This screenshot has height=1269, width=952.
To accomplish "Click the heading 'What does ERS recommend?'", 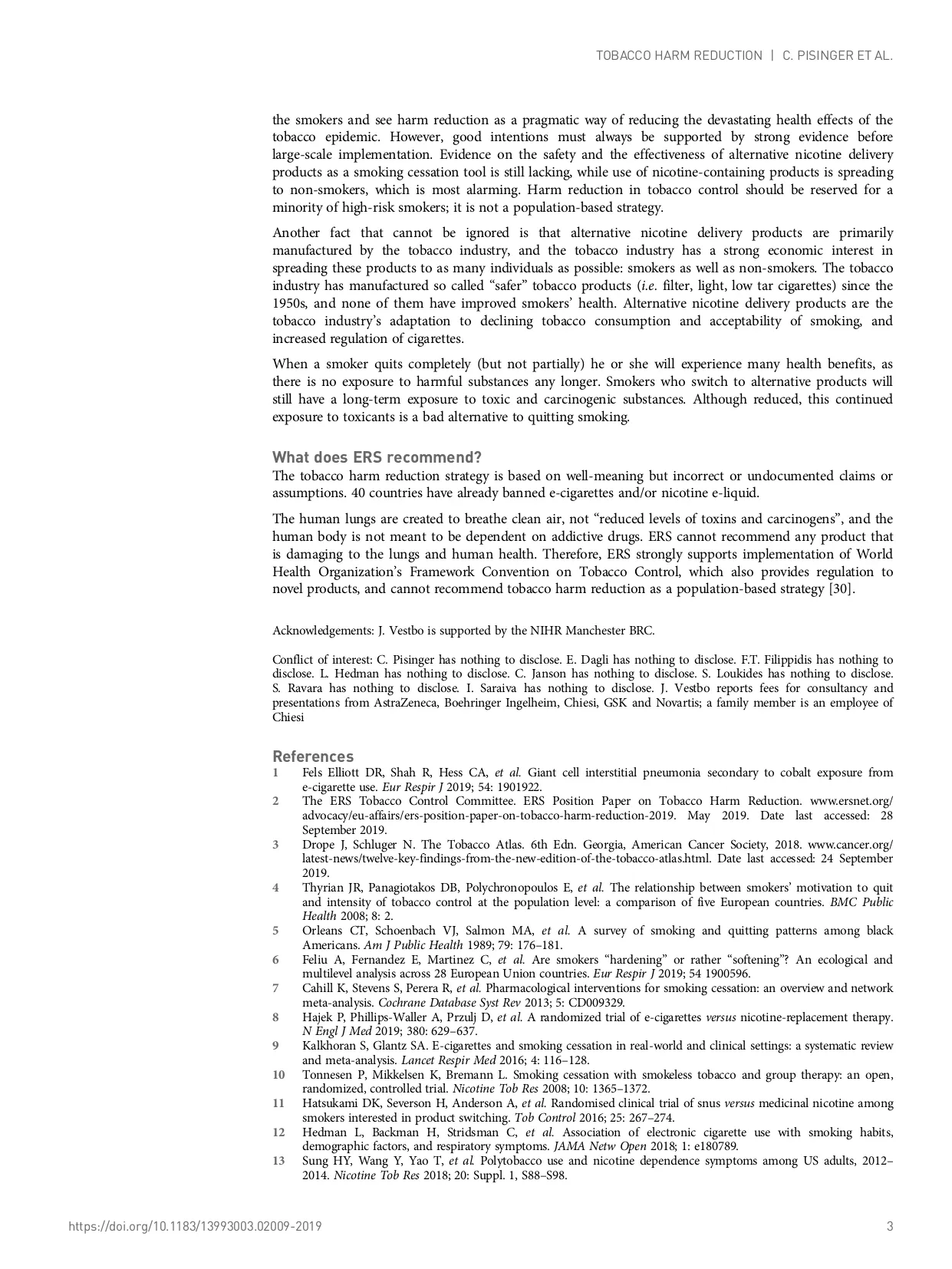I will tap(377, 457).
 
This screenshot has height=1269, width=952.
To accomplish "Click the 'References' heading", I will tap(313, 756).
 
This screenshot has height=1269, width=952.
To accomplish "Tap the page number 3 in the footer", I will tap(890, 1226).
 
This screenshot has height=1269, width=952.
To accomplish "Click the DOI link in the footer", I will tap(195, 1226).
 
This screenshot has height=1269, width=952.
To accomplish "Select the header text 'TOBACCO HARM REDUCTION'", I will tap(679, 56).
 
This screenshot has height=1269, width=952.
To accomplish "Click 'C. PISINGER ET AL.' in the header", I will tap(838, 56).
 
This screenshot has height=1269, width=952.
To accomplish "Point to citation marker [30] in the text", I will tap(841, 589).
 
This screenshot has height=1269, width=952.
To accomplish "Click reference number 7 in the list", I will tap(276, 988).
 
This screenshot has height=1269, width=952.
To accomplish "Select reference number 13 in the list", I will tap(278, 1161).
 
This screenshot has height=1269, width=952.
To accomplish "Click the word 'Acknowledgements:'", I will tap(323, 631).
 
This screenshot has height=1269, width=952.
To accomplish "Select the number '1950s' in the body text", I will tap(288, 303).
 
